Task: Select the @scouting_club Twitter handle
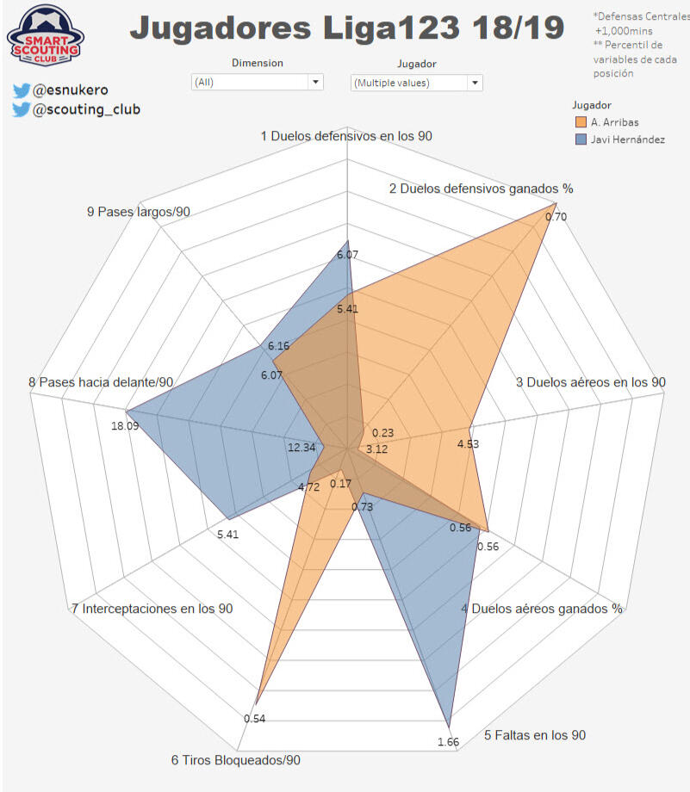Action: click(x=86, y=109)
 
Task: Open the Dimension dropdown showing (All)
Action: click(x=257, y=83)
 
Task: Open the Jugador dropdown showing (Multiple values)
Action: click(x=417, y=83)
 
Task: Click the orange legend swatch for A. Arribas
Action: click(x=581, y=121)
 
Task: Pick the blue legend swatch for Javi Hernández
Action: click(x=581, y=139)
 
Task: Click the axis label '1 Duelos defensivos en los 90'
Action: click(x=345, y=136)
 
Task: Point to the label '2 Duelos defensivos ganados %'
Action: click(x=481, y=189)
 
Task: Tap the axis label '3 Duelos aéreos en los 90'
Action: click(x=590, y=382)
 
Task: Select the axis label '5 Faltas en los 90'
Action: click(x=535, y=734)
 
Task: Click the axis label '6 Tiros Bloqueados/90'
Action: click(x=235, y=760)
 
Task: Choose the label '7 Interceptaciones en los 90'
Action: click(x=152, y=609)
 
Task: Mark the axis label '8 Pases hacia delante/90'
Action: click(x=101, y=382)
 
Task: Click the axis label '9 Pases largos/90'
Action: click(x=139, y=212)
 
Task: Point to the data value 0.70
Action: click(x=556, y=217)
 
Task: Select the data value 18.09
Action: click(x=125, y=425)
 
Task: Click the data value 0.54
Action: click(x=254, y=718)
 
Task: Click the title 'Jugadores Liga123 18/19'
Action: click(x=347, y=29)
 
